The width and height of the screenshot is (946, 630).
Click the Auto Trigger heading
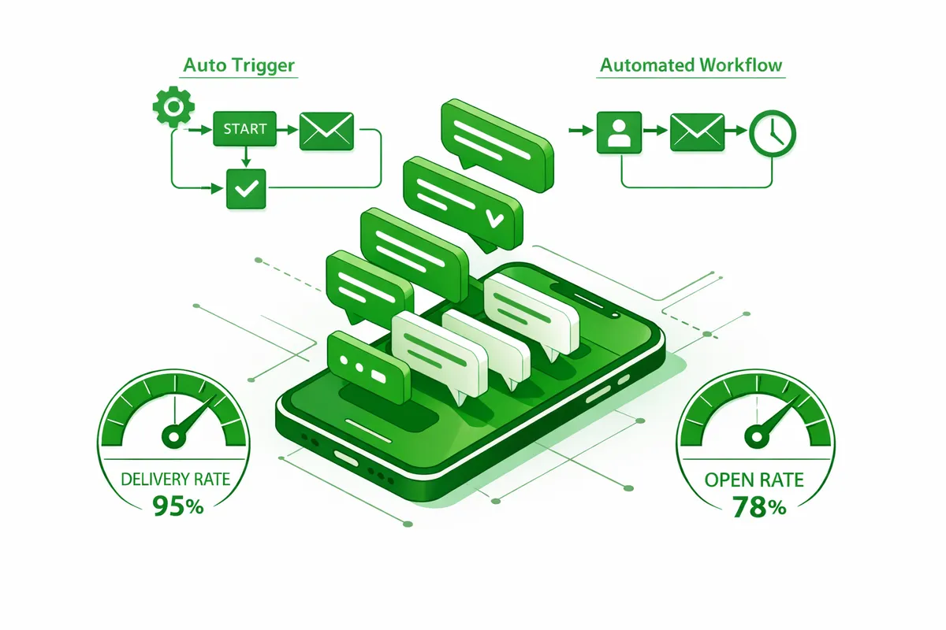tap(240, 65)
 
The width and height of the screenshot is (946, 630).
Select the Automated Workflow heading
tap(691, 65)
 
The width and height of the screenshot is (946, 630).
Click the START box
tap(245, 128)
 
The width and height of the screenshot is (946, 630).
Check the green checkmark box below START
tap(246, 189)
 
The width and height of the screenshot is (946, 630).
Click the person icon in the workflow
tap(620, 132)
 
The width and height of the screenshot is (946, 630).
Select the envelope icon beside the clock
tap(697, 131)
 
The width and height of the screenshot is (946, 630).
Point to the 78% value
tap(758, 508)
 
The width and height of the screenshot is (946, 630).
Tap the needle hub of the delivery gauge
tap(171, 433)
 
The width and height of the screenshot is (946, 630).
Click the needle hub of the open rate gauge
tap(758, 434)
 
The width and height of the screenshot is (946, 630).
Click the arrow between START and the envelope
tap(287, 128)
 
